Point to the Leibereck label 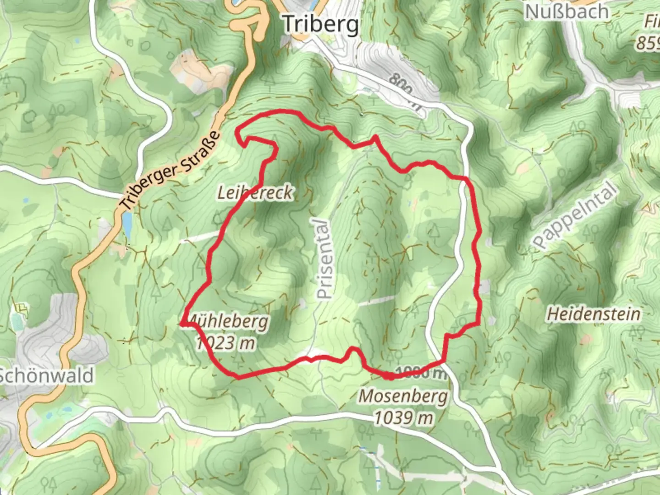point(255,193)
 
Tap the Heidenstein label point(594,314)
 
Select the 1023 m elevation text point(225,342)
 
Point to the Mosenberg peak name point(403,396)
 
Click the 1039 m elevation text point(403,418)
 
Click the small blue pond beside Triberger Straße point(127,225)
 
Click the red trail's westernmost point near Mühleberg point(182,324)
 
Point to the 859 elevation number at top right point(648,43)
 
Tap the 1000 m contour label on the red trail point(420,373)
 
